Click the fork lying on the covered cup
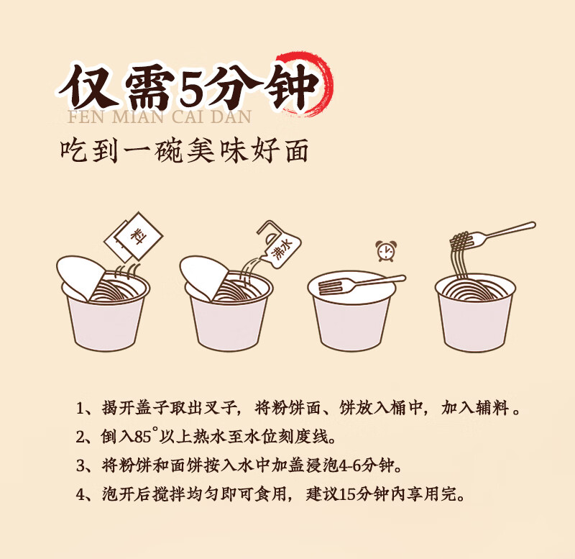tap(362, 283)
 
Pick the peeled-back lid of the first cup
tap(80, 277)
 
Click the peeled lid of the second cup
tap(204, 277)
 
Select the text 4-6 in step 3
tap(350, 465)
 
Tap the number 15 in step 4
tap(346, 494)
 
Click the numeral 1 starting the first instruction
tap(80, 409)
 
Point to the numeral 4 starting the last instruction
tap(80, 495)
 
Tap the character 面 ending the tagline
tap(296, 150)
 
